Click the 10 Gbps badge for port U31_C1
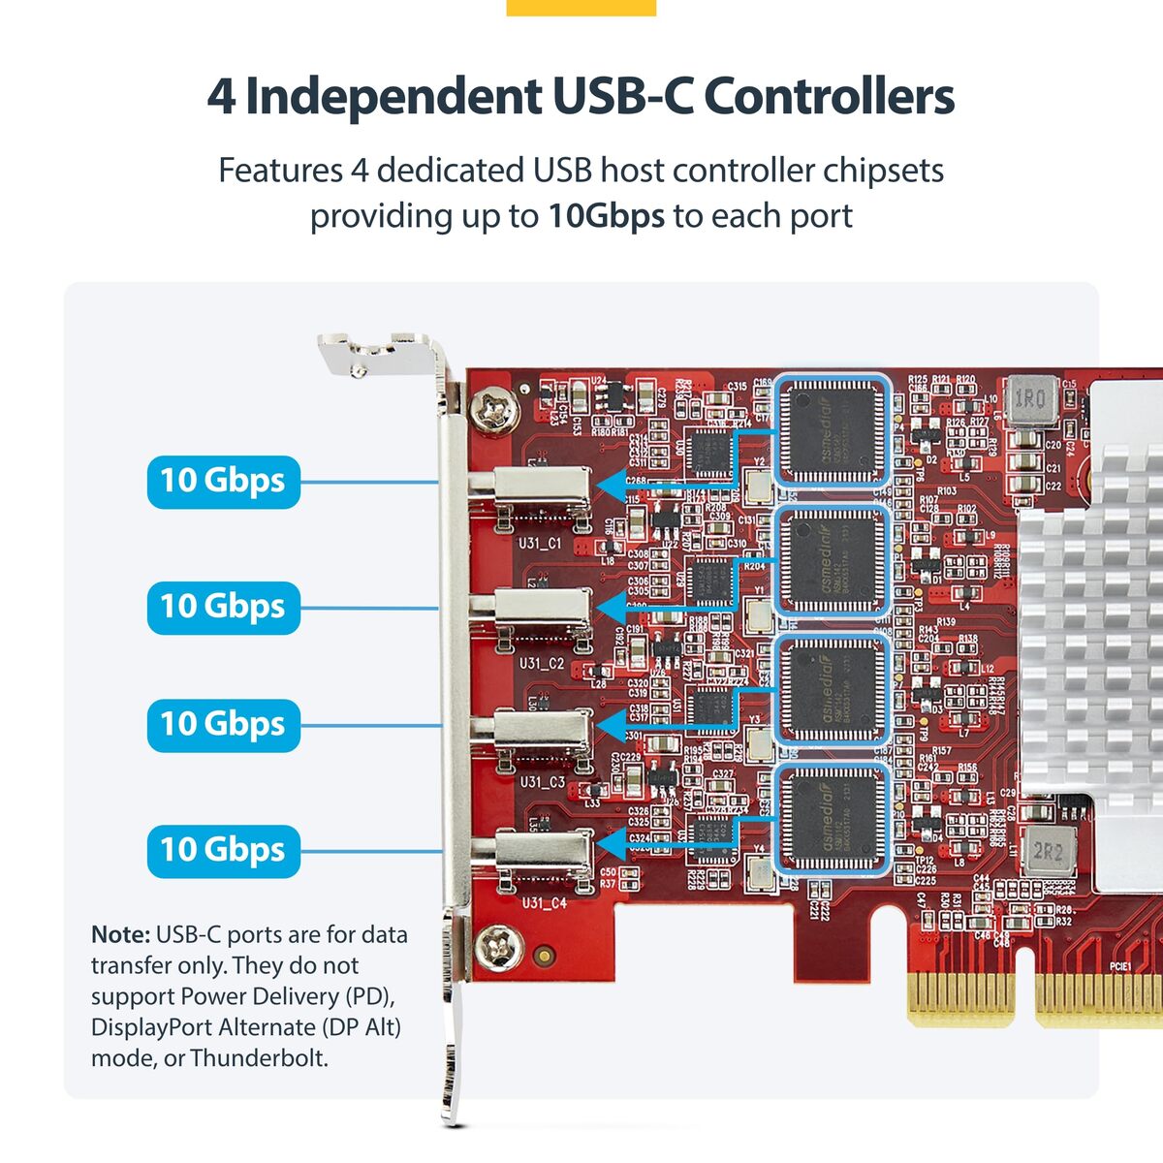point(223,482)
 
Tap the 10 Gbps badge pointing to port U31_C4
point(223,850)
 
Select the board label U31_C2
point(541,664)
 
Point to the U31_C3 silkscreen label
point(542,781)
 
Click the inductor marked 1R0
point(1029,399)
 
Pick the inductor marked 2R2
point(1049,853)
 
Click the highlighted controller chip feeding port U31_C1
point(833,430)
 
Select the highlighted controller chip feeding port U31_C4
point(833,820)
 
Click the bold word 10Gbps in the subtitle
point(606,215)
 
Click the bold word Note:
point(120,935)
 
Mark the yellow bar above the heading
point(581,7)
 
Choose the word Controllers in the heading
point(829,96)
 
